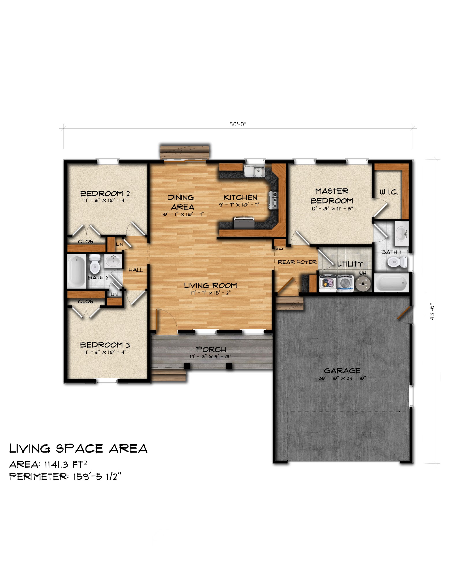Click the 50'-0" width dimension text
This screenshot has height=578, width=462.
coord(238,124)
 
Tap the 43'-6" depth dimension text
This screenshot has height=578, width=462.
coord(432,312)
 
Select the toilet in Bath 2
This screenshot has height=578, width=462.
coord(95,264)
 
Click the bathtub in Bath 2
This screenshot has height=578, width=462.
coord(77,271)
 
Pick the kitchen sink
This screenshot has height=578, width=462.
coord(254,171)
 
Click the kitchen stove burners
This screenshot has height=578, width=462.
coord(273,200)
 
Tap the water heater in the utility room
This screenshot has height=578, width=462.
coord(363,284)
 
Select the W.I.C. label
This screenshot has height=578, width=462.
coord(389,192)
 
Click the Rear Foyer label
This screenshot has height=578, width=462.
coord(297,262)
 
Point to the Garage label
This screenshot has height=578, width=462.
coord(342,371)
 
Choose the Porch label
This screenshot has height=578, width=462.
coord(211,349)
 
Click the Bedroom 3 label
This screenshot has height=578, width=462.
coord(105,345)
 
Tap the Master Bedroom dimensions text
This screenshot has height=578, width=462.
coord(332,209)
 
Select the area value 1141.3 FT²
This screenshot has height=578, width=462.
coord(66,464)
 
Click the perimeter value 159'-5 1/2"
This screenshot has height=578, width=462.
coord(97,477)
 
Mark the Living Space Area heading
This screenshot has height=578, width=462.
coord(78,449)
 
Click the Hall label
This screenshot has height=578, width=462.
coord(136,270)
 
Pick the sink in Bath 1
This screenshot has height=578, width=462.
coord(402,231)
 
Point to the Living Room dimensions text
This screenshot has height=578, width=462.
coord(210,293)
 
